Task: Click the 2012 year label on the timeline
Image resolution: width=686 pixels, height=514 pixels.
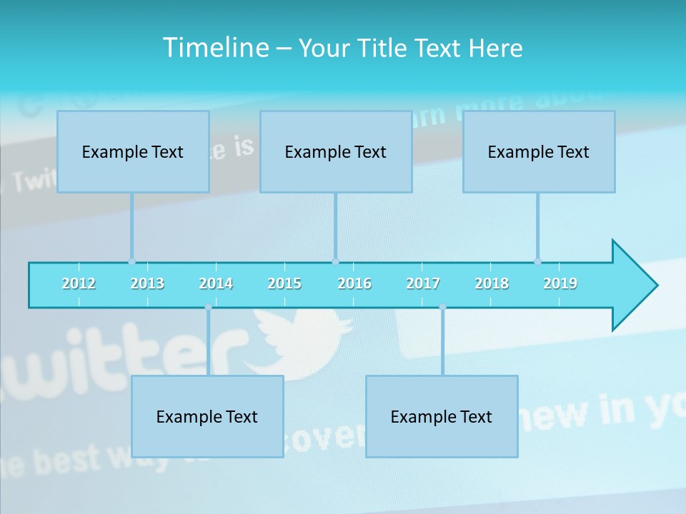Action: click(79, 283)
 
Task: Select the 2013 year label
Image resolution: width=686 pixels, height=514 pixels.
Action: click(147, 283)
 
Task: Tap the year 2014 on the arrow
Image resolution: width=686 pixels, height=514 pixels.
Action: click(216, 283)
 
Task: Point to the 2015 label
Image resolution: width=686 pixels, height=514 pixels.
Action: click(284, 283)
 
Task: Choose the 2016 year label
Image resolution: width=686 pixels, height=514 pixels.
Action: click(354, 283)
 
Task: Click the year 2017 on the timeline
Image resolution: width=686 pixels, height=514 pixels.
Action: click(423, 283)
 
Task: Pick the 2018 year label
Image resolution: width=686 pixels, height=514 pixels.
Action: click(492, 283)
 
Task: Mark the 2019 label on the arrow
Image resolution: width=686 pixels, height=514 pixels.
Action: click(560, 283)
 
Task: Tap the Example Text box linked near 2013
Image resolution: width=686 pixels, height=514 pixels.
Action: click(133, 151)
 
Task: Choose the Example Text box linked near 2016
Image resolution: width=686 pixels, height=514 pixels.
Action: click(336, 151)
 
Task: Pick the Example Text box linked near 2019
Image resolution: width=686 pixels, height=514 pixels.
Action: click(539, 151)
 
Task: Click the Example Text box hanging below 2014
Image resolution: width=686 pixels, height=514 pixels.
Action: click(207, 416)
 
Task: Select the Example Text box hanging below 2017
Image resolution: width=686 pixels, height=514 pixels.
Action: click(442, 416)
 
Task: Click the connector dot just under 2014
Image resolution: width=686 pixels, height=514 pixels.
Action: click(208, 307)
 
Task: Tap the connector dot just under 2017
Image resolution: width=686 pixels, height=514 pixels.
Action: click(442, 307)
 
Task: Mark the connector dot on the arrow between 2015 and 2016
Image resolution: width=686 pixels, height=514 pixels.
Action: click(335, 261)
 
